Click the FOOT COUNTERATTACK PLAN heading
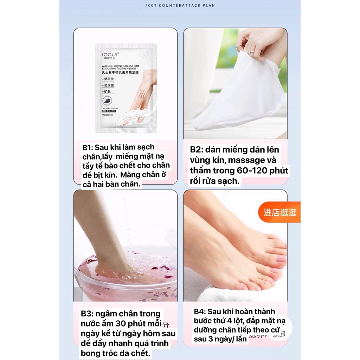coord(180,5)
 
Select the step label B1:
coord(89,147)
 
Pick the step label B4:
coord(200,312)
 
